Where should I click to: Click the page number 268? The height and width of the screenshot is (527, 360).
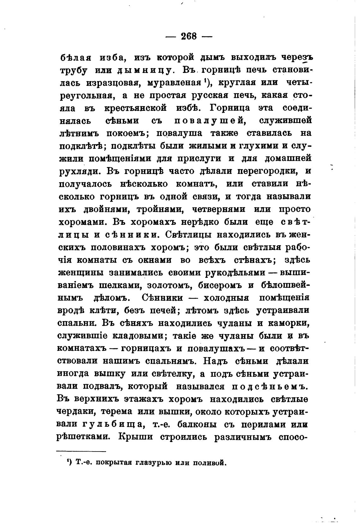pos(189,36)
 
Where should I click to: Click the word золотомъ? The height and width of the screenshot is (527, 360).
pos(167,285)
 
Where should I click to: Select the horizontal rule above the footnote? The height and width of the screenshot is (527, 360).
pos(81,452)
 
